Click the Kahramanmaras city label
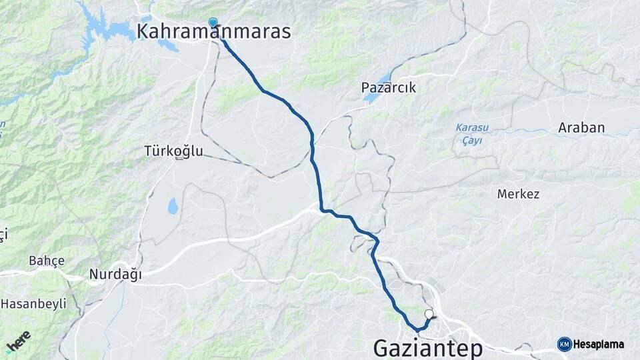(x=213, y=31)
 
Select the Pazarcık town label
(x=389, y=87)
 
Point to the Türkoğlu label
(x=173, y=151)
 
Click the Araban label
(x=581, y=127)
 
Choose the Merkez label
(x=518, y=194)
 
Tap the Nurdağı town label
(x=115, y=274)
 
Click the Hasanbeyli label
(x=33, y=304)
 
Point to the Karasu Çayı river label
(x=472, y=134)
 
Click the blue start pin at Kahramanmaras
(x=213, y=23)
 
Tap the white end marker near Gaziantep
(x=429, y=313)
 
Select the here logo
(x=18, y=342)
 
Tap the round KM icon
(x=565, y=344)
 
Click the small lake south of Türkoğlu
(x=173, y=207)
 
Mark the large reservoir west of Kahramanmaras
(x=110, y=28)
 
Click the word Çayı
(x=472, y=140)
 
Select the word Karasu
(x=472, y=128)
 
